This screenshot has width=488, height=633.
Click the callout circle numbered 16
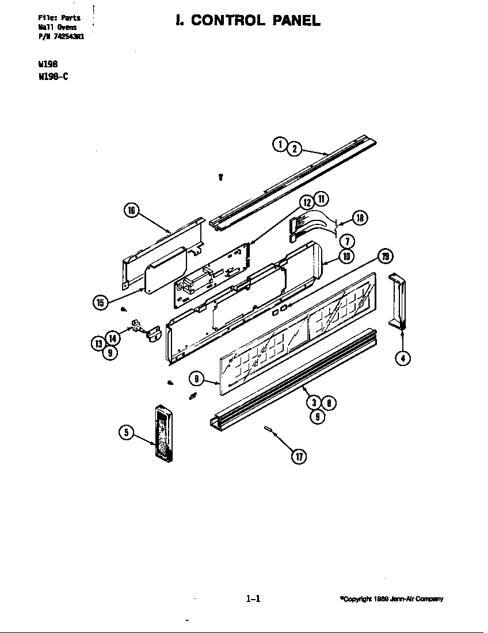click(131, 211)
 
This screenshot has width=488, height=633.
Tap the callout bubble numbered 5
click(126, 433)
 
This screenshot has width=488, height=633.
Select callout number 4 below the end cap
click(402, 358)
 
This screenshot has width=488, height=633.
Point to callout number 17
click(299, 456)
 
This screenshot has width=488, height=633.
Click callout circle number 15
click(100, 303)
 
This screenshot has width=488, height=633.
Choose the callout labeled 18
click(360, 218)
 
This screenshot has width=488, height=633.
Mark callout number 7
click(346, 242)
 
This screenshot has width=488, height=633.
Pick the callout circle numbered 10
click(346, 256)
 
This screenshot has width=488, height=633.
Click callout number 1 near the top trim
click(280, 144)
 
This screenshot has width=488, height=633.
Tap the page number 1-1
click(253, 599)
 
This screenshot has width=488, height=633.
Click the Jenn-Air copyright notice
click(391, 599)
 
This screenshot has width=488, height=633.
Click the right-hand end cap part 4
click(397, 302)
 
